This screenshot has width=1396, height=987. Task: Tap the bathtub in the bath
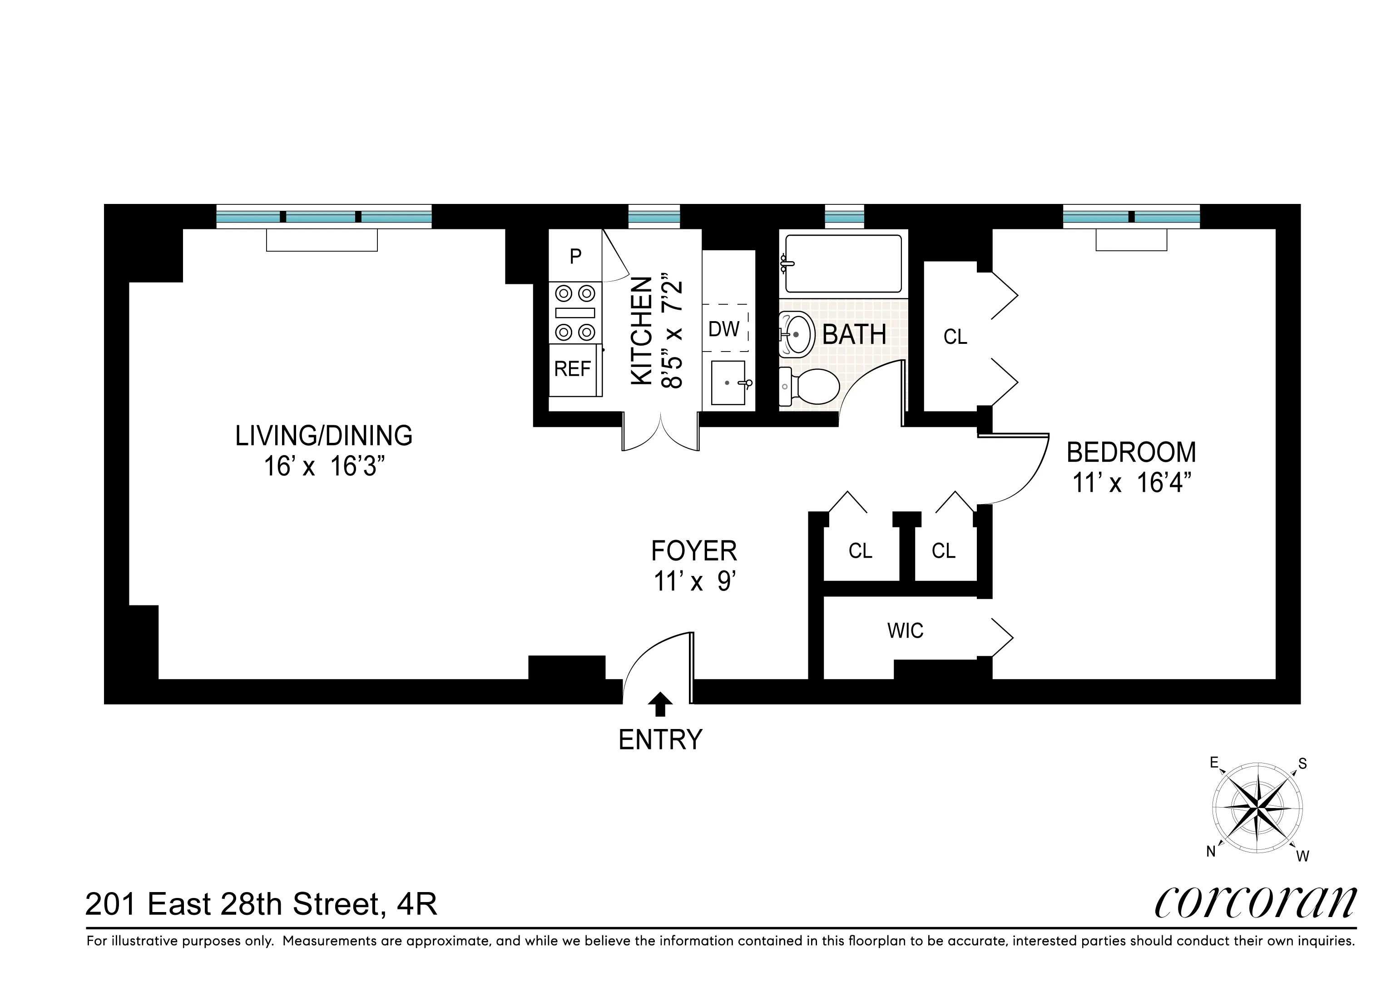click(843, 264)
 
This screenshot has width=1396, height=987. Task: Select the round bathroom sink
click(797, 334)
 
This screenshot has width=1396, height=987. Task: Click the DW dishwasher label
click(724, 329)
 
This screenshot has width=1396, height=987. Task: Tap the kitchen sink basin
click(728, 382)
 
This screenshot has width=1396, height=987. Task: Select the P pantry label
click(575, 257)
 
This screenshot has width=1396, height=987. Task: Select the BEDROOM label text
click(1131, 452)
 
